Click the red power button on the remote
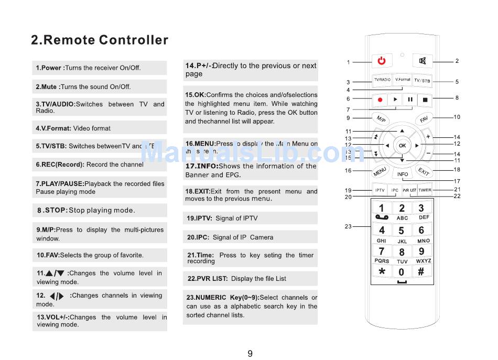pyautogui.click(x=382, y=61)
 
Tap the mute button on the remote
pyautogui.click(x=423, y=61)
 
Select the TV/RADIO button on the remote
pyautogui.click(x=382, y=80)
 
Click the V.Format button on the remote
pyautogui.click(x=403, y=80)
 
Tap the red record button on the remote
pyautogui.click(x=380, y=100)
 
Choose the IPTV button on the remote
pyautogui.click(x=380, y=190)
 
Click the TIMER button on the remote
pyautogui.click(x=425, y=190)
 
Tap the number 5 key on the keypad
pyautogui.click(x=402, y=231)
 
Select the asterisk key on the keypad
pyautogui.click(x=382, y=271)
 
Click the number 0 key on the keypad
pyautogui.click(x=402, y=272)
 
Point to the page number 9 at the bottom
pyautogui.click(x=250, y=353)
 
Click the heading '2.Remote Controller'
pyautogui.click(x=100, y=40)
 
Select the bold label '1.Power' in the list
pyautogui.click(x=50, y=68)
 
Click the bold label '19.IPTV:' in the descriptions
pyautogui.click(x=199, y=219)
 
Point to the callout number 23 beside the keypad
pyautogui.click(x=348, y=226)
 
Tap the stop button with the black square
pyautogui.click(x=425, y=100)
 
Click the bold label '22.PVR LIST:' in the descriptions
pyautogui.click(x=208, y=279)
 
